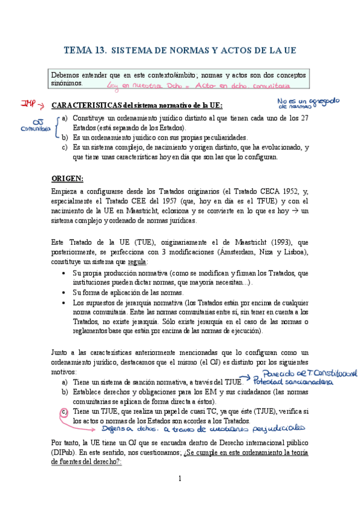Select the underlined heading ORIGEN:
coord(67,178)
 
